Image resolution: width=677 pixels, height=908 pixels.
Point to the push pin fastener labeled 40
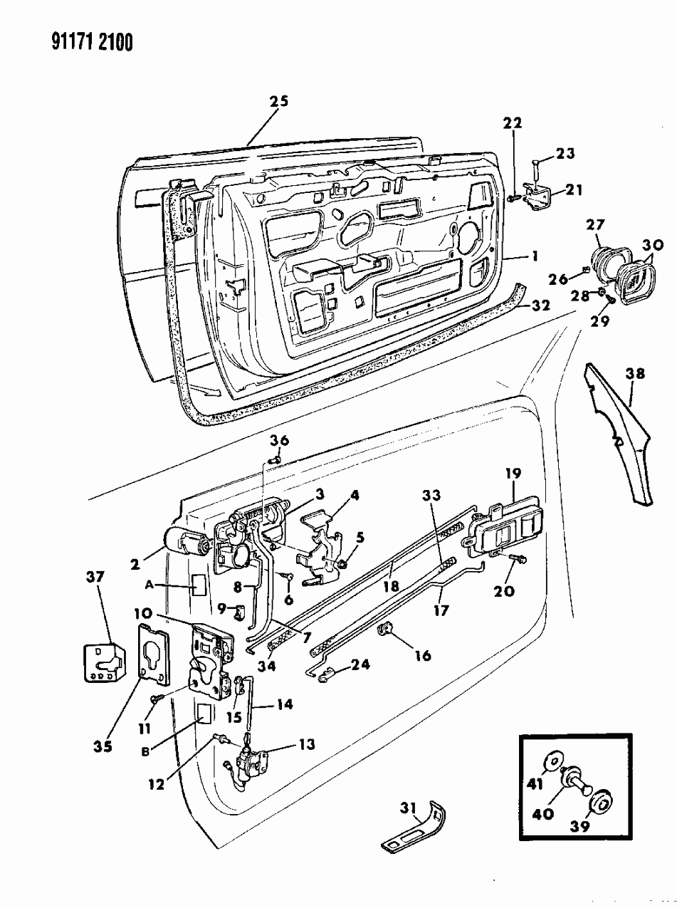(575, 782)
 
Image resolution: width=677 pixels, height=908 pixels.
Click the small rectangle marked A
(199, 585)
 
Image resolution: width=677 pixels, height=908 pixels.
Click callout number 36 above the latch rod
(279, 441)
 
